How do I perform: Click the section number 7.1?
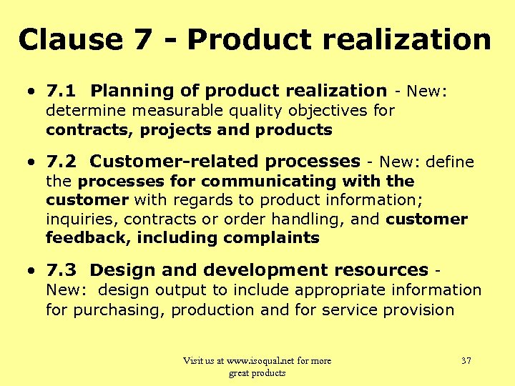coord(61,91)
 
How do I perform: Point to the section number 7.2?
coord(61,162)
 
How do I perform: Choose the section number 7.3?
coord(61,270)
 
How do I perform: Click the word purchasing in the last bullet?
coord(119,310)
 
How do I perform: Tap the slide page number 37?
coord(466,361)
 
